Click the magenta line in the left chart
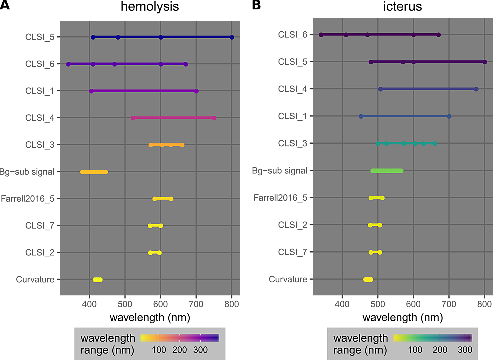173,118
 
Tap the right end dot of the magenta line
214,118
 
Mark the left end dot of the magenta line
133,118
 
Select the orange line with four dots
166,145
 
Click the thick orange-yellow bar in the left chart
94,172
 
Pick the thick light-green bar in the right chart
387,171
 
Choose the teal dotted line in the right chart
406,143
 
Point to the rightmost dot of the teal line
435,143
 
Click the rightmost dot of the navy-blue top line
232,37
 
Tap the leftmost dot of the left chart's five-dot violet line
68,64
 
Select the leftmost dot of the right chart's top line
321,35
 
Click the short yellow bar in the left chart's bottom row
97,279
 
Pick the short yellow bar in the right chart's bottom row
368,279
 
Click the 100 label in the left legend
159,350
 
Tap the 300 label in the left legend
201,350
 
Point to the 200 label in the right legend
440,350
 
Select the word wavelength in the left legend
108,339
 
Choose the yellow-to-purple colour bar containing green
432,338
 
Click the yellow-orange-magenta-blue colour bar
180,338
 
